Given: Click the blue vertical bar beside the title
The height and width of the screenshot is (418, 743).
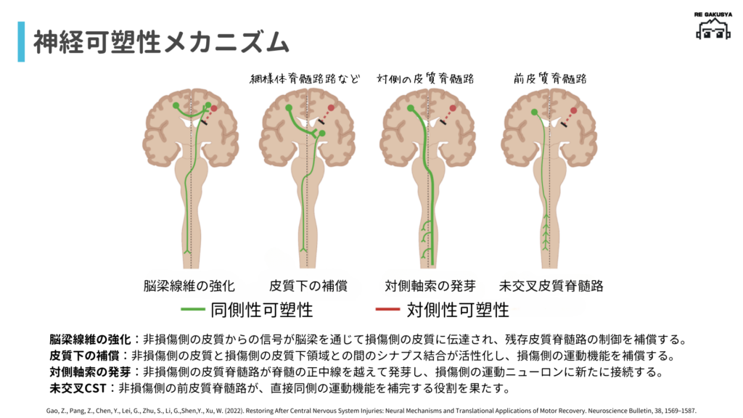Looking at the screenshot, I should [x=21, y=42].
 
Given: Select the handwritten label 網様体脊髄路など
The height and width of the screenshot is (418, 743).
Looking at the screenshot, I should [x=305, y=78].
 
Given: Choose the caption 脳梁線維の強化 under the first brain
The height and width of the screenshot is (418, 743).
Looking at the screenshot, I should [x=190, y=285].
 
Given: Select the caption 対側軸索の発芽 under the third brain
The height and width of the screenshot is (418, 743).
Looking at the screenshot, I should [x=429, y=285].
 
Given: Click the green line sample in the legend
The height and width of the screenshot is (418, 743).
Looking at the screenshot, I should [x=192, y=311].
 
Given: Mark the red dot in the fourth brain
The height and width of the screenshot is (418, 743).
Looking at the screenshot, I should [x=573, y=111].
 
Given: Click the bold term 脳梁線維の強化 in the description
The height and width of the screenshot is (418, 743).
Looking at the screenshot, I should [x=90, y=340].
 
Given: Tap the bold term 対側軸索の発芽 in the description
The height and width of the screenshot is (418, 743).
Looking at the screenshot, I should [x=90, y=372].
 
